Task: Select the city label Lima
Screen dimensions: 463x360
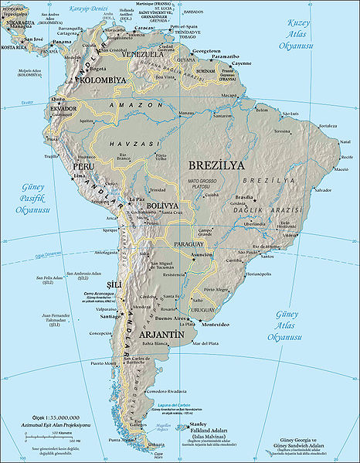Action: point(79,176)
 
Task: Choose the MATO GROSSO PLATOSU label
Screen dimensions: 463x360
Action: point(204,182)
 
